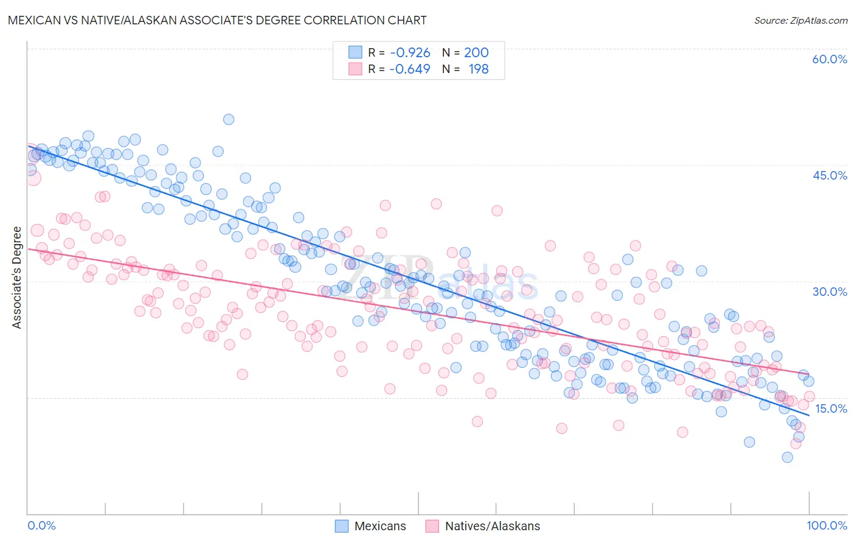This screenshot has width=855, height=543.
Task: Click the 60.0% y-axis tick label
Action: (829, 59)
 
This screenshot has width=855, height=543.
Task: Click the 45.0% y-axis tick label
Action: (829, 175)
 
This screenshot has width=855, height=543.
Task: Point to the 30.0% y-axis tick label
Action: (829, 292)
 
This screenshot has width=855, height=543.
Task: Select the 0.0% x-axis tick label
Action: (41, 525)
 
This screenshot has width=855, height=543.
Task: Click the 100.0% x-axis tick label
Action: (826, 525)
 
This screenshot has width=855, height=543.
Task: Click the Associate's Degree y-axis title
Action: (17, 278)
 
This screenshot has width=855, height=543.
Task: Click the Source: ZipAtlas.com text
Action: (800, 20)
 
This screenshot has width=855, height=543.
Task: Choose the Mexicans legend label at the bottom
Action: (380, 526)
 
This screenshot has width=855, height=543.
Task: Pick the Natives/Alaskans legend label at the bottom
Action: (493, 526)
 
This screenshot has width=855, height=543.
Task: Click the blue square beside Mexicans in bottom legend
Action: (342, 526)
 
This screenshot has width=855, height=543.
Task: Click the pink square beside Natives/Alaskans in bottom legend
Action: (432, 526)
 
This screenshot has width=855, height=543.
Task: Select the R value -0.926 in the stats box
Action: (410, 53)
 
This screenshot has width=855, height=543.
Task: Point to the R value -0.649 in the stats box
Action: (410, 69)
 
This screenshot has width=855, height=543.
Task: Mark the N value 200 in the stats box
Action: (476, 53)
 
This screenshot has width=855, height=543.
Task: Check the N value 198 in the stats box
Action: (479, 69)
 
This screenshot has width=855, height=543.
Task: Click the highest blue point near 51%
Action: (229, 119)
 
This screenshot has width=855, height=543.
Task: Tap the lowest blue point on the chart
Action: (787, 457)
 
